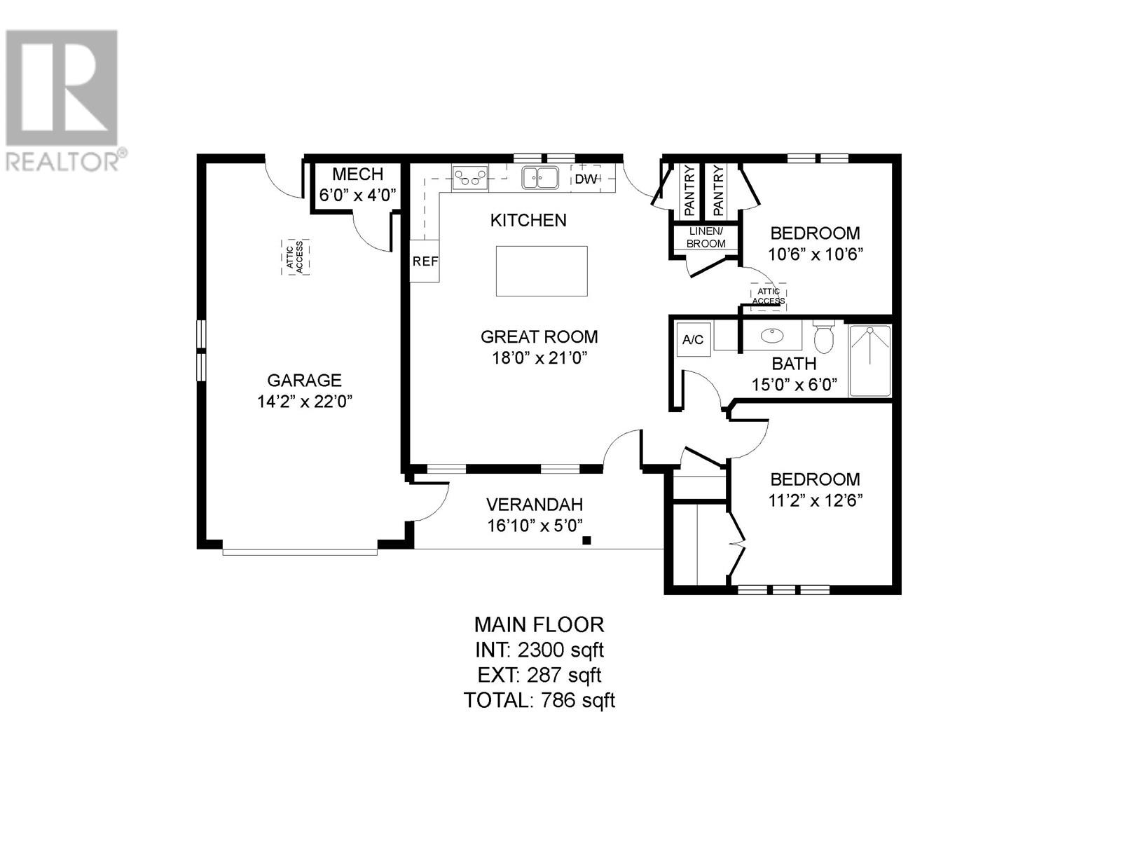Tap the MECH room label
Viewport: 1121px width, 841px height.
point(357,174)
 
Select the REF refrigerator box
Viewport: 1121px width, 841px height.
point(425,261)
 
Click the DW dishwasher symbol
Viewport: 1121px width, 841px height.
point(586,179)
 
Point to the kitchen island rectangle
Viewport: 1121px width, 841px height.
point(542,271)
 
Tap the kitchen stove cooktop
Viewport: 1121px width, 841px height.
point(470,177)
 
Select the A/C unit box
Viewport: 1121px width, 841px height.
point(693,340)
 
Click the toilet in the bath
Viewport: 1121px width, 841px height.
point(824,337)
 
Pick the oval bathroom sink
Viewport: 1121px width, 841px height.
point(772,336)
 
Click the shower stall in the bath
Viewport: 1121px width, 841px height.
point(869,360)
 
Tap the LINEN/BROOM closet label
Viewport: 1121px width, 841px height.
point(706,238)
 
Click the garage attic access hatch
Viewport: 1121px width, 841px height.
point(295,257)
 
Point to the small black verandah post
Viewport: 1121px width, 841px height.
point(587,540)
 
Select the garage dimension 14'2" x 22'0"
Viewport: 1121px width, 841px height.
point(304,402)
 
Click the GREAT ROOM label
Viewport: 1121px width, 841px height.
point(539,336)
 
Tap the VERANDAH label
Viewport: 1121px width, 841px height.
point(535,504)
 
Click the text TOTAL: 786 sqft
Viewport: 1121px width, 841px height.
point(539,699)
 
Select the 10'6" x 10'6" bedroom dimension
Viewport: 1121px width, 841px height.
point(815,254)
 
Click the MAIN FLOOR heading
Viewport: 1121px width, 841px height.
point(539,624)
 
